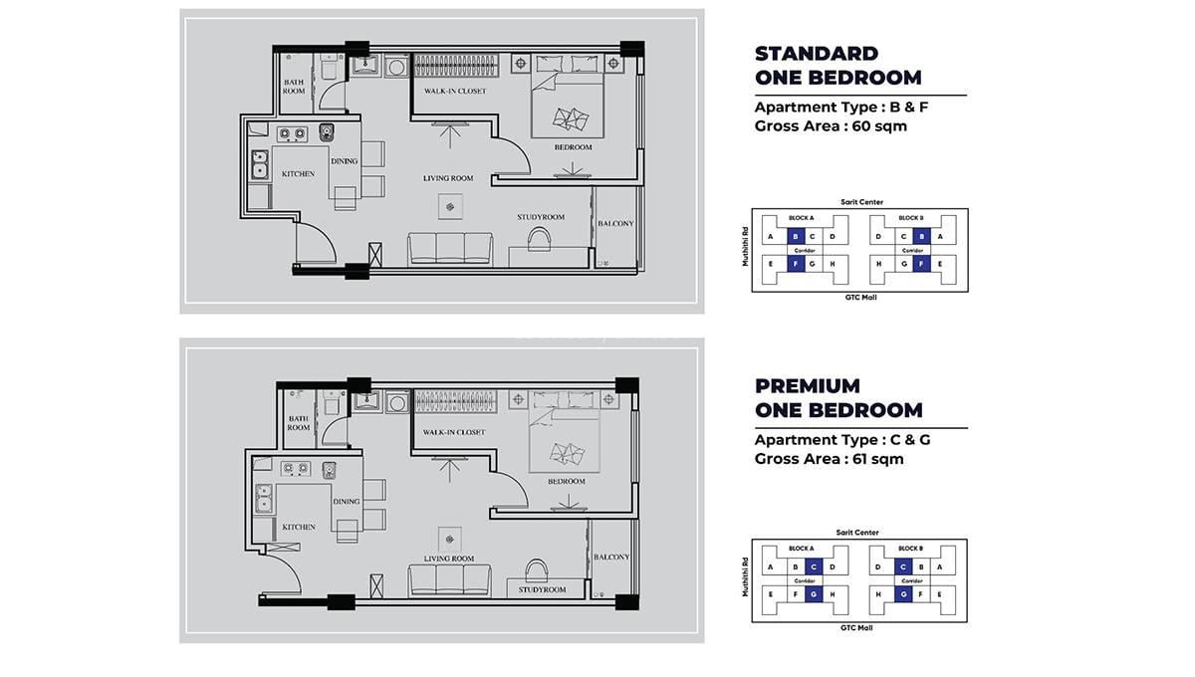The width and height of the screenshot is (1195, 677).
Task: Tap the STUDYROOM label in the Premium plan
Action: pos(542,590)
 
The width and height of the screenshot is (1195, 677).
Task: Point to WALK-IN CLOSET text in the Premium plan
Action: pos(453,433)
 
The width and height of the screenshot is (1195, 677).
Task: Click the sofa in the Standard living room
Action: pos(451,249)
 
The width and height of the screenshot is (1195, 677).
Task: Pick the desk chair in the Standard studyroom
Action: pos(541,237)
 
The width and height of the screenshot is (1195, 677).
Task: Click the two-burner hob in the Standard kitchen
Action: pos(291,132)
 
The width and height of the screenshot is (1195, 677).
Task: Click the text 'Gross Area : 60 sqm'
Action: pos(831,126)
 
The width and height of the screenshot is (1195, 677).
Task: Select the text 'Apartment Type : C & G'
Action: pos(842,440)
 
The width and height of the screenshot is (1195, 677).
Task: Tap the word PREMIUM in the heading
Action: pos(807,385)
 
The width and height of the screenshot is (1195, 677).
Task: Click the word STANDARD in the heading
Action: pos(816,54)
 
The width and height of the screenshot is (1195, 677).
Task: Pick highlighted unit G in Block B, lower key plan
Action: pos(903,594)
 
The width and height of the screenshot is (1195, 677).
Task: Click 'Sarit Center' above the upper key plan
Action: pos(861,202)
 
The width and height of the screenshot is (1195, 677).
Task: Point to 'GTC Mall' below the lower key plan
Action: pos(857,628)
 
